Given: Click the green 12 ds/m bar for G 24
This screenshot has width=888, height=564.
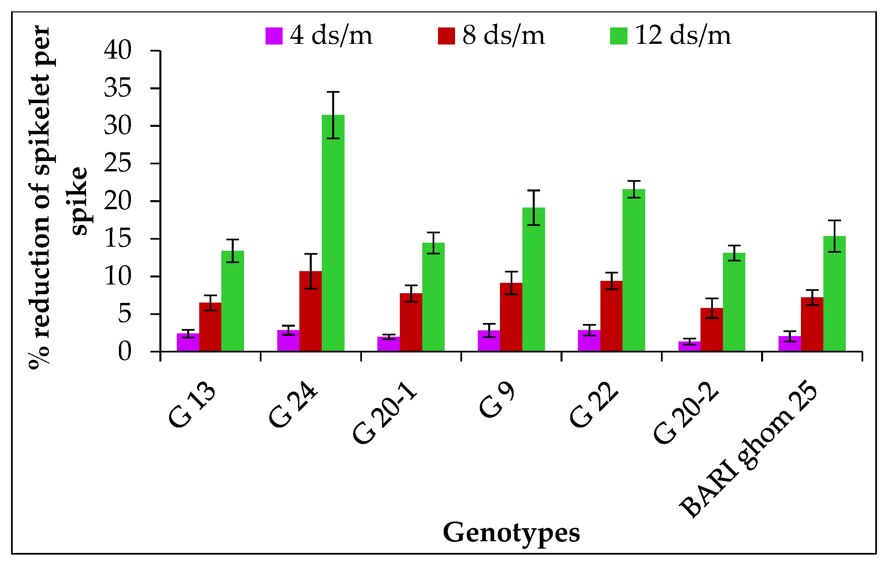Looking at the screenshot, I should [x=333, y=236].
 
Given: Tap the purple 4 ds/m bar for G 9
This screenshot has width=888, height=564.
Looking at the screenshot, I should [x=489, y=341].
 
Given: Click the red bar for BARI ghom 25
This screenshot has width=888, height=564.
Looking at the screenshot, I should [x=812, y=324].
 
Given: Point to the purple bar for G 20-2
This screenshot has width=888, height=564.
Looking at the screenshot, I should [x=689, y=346].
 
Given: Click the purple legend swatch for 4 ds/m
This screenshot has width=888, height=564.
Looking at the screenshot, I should [x=274, y=36].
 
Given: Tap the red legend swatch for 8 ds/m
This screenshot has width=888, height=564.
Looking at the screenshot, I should [x=446, y=36].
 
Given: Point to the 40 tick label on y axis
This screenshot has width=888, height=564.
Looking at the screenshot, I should [x=118, y=50].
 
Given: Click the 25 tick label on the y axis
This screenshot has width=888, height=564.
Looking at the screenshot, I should [x=118, y=163].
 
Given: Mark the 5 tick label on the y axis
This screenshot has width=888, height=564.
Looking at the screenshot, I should [x=125, y=314].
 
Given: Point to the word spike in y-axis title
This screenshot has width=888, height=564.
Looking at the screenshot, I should [x=79, y=201].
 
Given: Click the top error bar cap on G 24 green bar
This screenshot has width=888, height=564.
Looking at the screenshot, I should [x=333, y=92].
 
